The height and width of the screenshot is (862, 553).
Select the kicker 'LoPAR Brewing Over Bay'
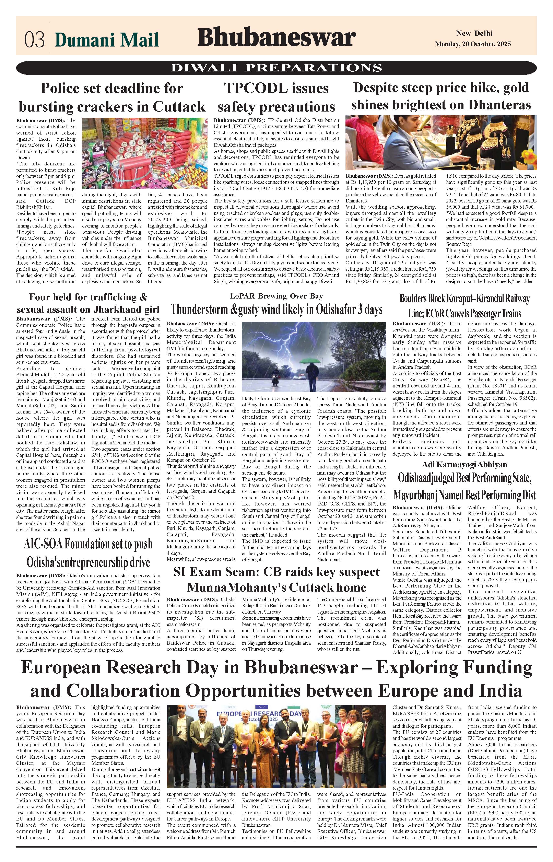pyautogui.click(x=276, y=296)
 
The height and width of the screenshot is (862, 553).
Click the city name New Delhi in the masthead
pyautogui.click(x=474, y=33)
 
